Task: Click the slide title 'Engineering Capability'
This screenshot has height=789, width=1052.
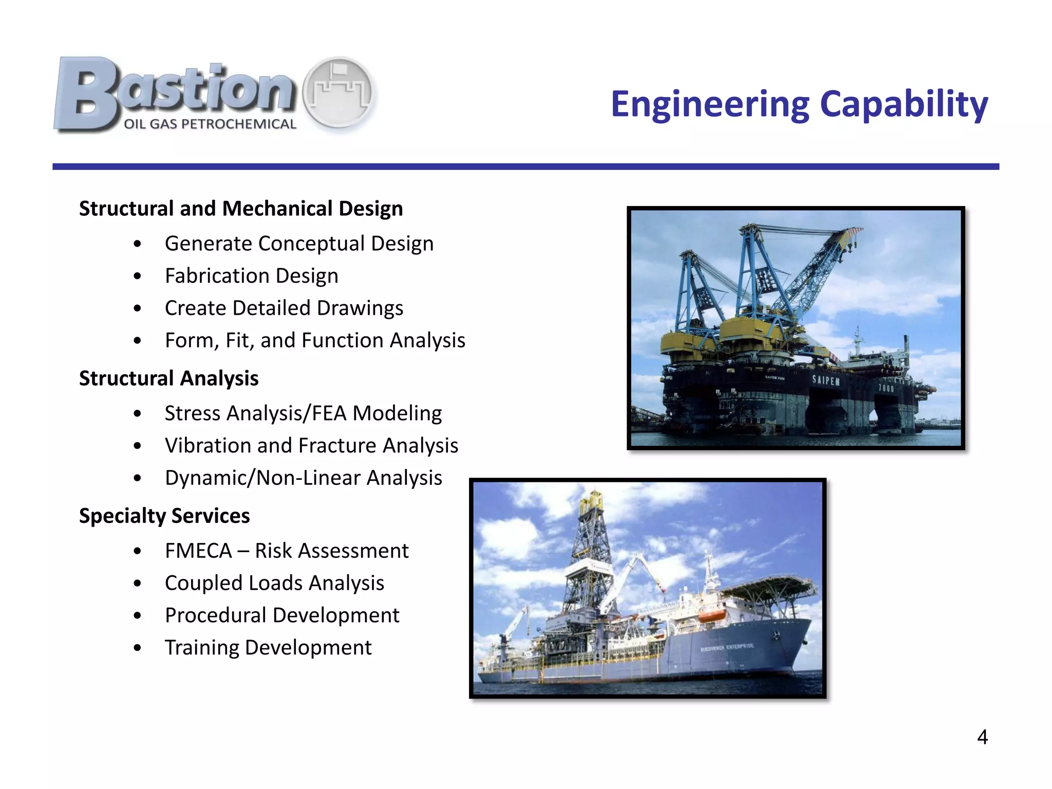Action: [x=799, y=104]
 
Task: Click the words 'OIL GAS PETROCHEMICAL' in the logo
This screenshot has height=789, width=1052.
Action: [x=210, y=124]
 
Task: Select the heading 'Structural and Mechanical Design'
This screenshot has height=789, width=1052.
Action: [x=240, y=209]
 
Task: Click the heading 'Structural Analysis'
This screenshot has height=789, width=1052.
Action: [x=168, y=378]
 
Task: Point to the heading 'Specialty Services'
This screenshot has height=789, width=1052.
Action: [x=164, y=516]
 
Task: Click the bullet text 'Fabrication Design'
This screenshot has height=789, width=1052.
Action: [x=251, y=276]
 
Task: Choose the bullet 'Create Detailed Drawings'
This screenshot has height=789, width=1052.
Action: [x=284, y=308]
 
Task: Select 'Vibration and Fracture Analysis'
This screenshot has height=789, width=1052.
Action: [x=311, y=446]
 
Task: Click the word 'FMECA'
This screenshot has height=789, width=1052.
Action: [x=198, y=551]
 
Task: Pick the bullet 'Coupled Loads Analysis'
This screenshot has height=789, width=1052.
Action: [x=274, y=583]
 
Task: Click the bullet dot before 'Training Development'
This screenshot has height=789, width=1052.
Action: [x=137, y=648]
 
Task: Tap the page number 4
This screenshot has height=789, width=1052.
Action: [x=982, y=737]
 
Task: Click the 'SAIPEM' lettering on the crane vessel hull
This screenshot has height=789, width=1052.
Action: [x=825, y=381]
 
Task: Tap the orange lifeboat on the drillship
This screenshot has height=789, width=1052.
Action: [x=711, y=615]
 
